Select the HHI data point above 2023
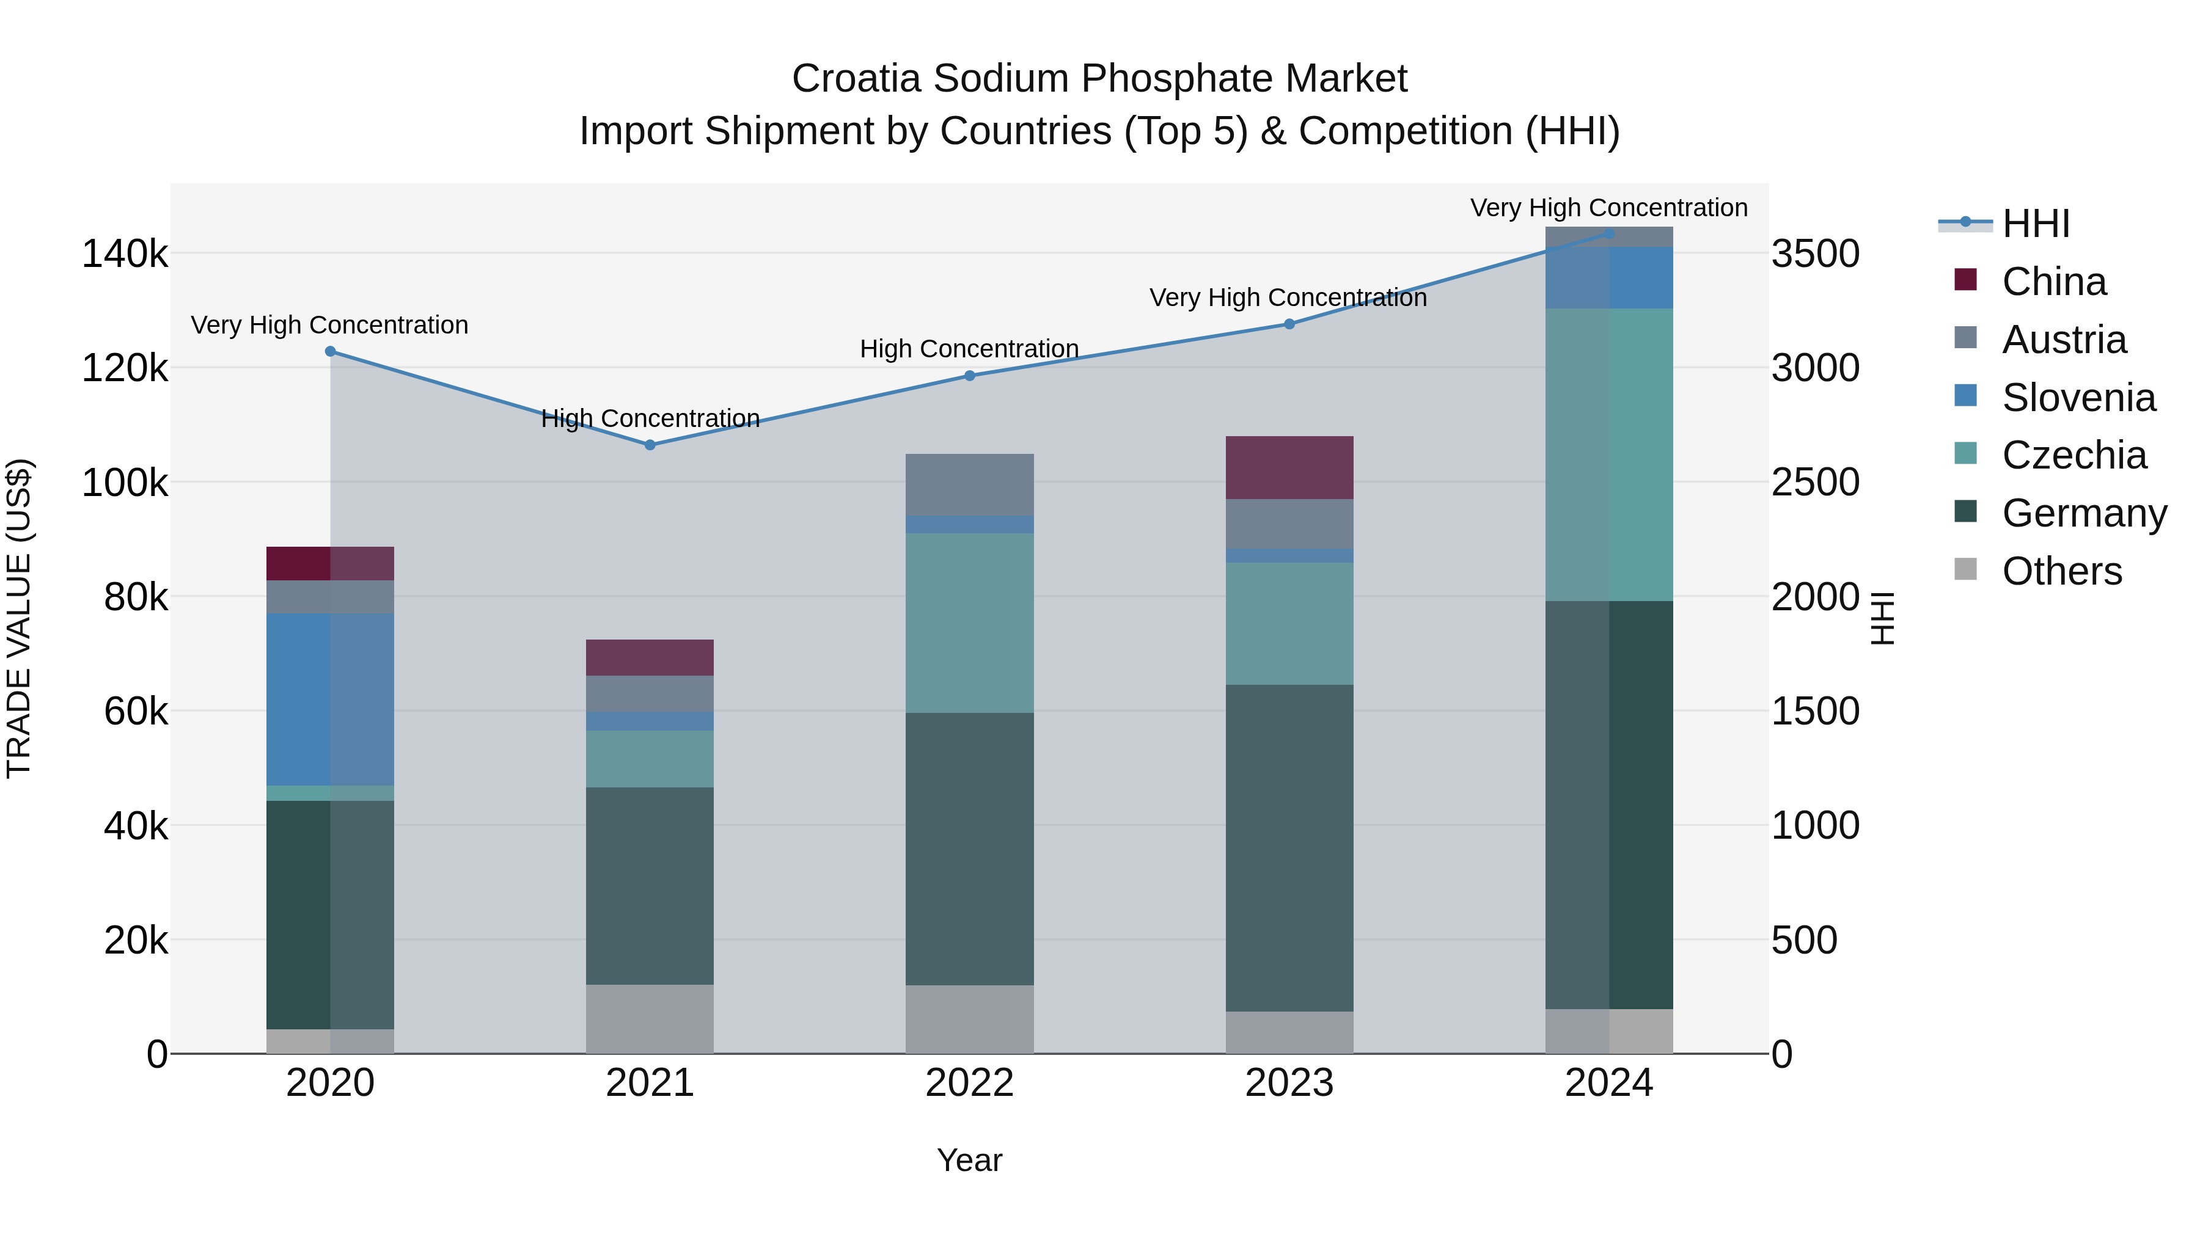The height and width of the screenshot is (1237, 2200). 1289,324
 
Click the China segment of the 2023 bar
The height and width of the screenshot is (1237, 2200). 1289,468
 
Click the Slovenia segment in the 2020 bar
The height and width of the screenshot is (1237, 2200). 331,699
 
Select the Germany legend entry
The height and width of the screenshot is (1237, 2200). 2083,513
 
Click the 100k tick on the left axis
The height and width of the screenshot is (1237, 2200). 125,483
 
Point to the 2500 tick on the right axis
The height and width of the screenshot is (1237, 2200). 1815,483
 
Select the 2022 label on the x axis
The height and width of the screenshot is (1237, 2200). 969,1083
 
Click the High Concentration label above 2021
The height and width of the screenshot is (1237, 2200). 650,418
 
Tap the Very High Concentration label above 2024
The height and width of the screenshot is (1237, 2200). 1608,208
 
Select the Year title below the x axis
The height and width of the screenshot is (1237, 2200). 969,1160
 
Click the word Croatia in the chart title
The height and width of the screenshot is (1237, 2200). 856,79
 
